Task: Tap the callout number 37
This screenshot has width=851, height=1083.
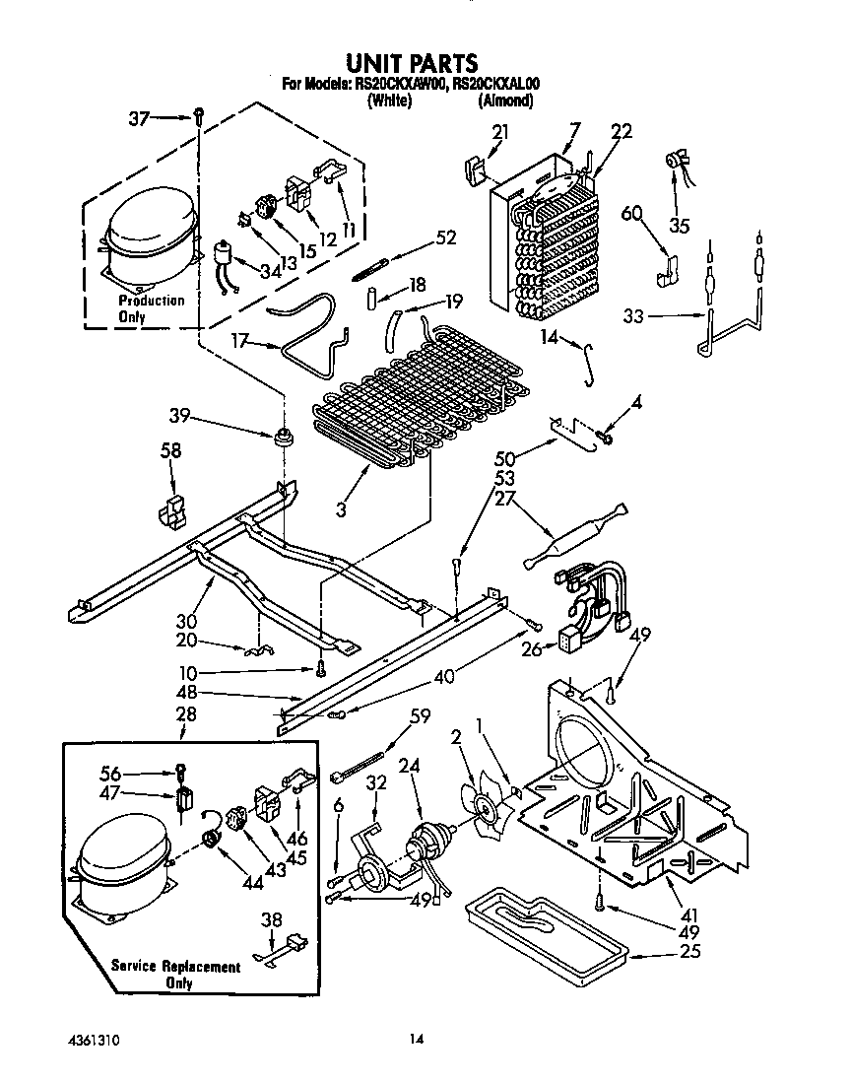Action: tap(141, 118)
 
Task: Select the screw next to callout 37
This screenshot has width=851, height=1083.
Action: tap(198, 116)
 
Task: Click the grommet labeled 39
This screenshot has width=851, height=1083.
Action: tap(286, 437)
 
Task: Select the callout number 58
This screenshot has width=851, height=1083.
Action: tap(171, 451)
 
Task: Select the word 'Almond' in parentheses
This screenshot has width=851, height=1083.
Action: tap(506, 101)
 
